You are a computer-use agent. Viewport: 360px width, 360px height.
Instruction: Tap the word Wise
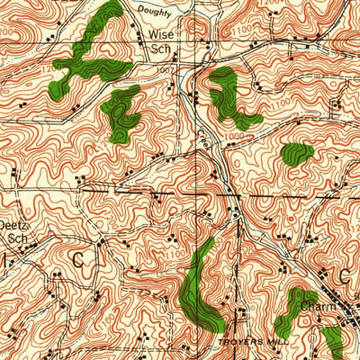click(160, 37)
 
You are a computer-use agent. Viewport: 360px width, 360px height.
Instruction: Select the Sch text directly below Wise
click(159, 50)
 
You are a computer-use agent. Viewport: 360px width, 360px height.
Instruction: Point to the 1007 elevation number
click(163, 68)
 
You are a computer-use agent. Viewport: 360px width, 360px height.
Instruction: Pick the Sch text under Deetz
click(18, 240)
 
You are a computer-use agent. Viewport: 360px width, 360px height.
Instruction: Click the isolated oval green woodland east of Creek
click(296, 154)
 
